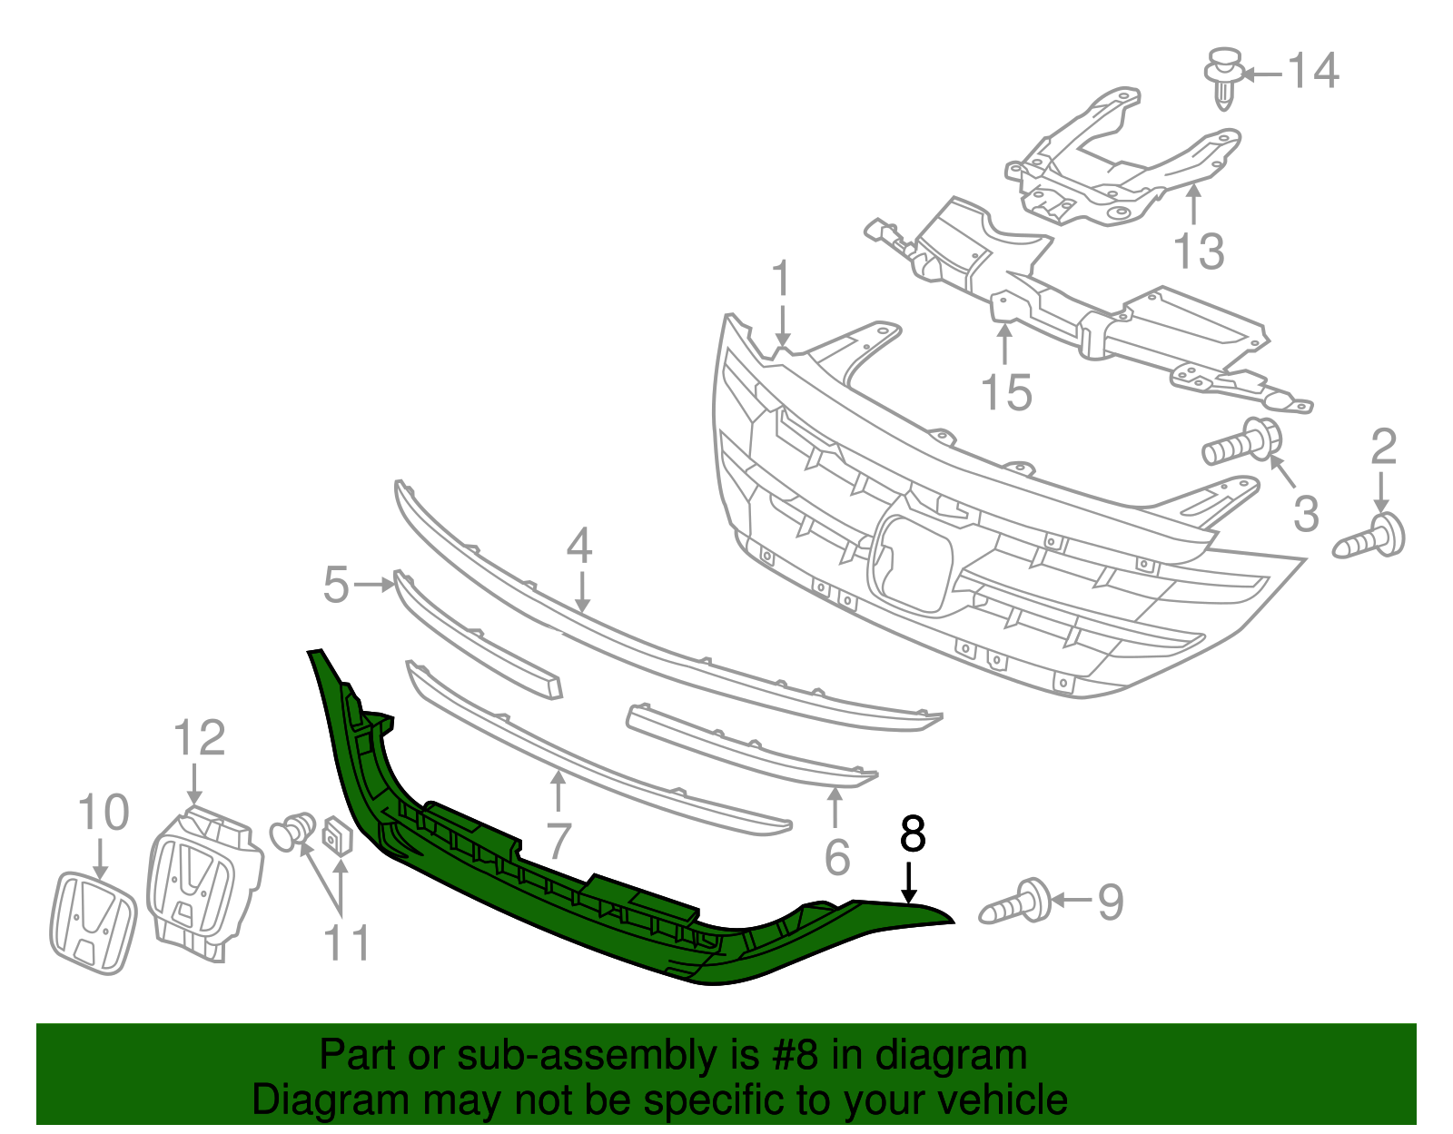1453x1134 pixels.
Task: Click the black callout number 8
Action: pyautogui.click(x=912, y=834)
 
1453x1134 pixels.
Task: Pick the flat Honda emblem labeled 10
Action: pyautogui.click(x=93, y=923)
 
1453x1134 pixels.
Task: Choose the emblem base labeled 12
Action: pyautogui.click(x=203, y=879)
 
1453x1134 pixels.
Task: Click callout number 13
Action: pyautogui.click(x=1199, y=251)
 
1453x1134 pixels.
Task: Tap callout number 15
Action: pyautogui.click(x=1006, y=393)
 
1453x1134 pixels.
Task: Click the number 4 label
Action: pyautogui.click(x=578, y=546)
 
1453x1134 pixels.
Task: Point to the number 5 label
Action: pyautogui.click(x=335, y=586)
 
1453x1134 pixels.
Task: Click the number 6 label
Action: pyautogui.click(x=836, y=857)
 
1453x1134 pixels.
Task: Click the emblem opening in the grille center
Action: pyautogui.click(x=911, y=563)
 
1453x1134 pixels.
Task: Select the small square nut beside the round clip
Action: pyautogui.click(x=337, y=835)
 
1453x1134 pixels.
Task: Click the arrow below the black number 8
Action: pyautogui.click(x=909, y=883)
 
